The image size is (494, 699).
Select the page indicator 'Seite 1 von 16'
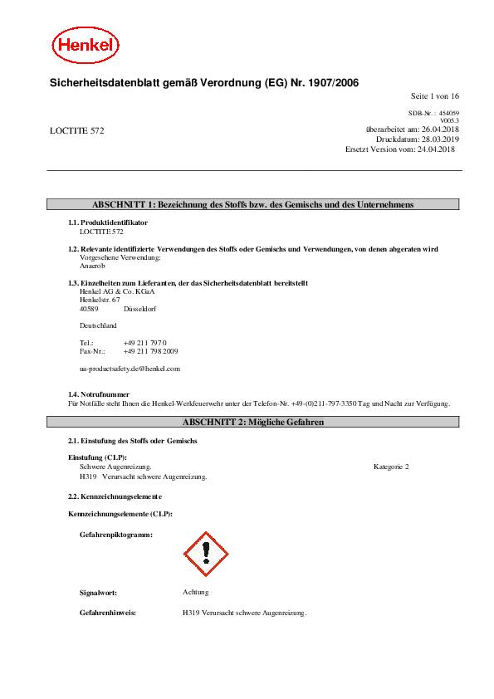tap(435, 97)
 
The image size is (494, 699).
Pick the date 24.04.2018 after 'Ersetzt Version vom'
tap(436, 149)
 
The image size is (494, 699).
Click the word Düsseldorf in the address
tap(139, 309)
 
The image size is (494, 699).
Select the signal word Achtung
tap(196, 592)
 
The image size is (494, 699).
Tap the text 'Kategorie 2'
tap(391, 468)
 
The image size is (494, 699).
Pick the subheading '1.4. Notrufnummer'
tap(99, 393)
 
